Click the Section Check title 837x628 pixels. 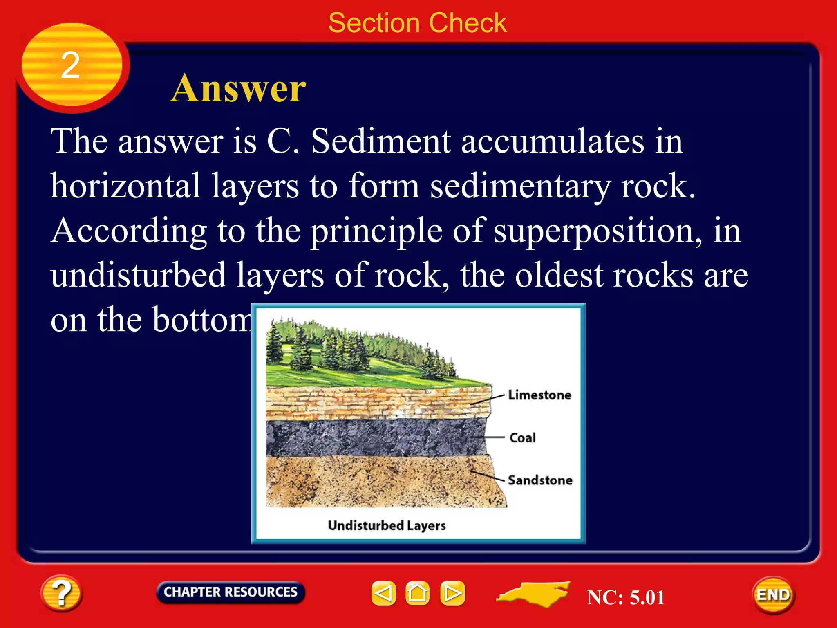[417, 23]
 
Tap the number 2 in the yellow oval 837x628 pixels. [70, 65]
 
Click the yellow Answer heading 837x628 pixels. [238, 88]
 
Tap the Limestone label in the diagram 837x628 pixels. [539, 395]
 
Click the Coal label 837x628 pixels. [522, 437]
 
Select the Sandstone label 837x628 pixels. [540, 480]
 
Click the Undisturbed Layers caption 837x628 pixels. [387, 525]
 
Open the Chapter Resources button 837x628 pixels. [231, 592]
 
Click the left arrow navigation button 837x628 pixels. [383, 593]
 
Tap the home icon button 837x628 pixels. [417, 593]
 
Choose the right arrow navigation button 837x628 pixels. [452, 593]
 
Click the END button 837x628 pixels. [773, 595]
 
